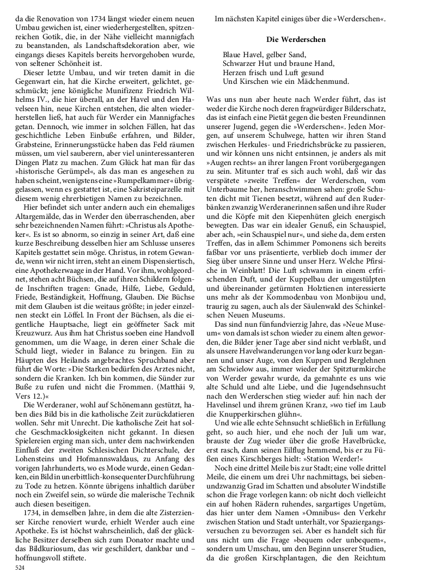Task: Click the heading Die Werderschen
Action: tap(296, 40)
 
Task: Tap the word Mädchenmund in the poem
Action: tap(322, 82)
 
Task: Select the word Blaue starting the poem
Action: tap(233, 55)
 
